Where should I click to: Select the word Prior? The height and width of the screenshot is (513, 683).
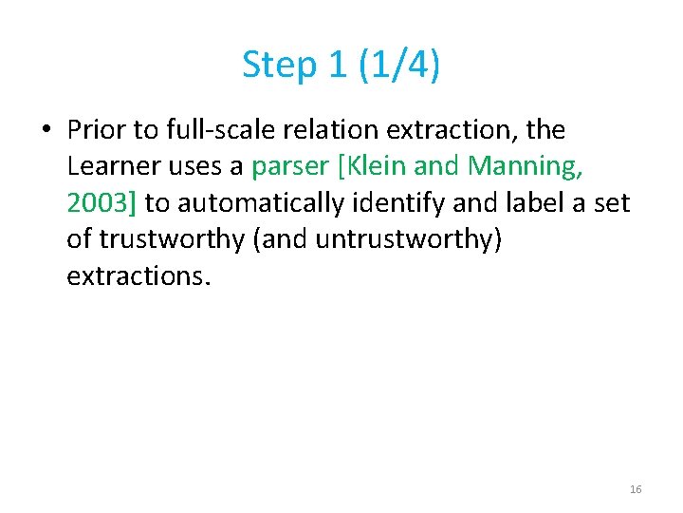pos(96,129)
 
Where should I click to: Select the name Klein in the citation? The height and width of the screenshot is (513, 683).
pos(375,166)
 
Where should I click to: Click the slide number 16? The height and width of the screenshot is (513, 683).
pos(636,489)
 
